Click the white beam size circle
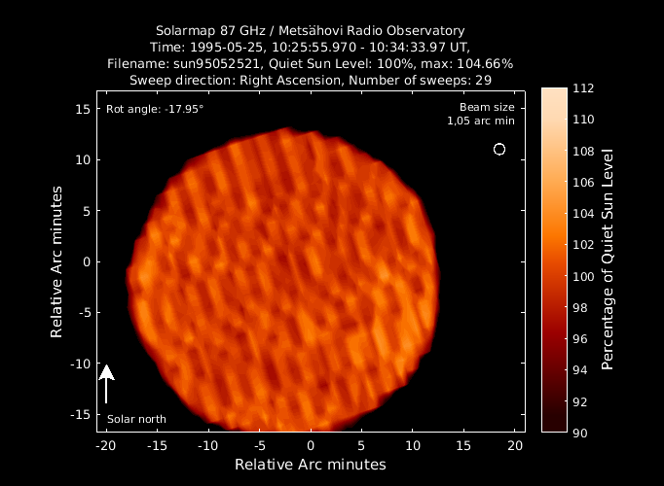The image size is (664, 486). point(499,145)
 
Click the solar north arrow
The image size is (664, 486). point(106,384)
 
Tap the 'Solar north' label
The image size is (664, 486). point(136,419)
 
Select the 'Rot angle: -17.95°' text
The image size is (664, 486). point(155,109)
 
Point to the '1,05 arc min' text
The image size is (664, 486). point(481,121)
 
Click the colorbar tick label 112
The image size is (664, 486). point(583,88)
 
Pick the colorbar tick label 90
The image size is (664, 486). point(579,434)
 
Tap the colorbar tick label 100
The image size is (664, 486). point(583,276)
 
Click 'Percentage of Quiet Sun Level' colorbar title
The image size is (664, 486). point(608,260)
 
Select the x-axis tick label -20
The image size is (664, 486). point(105,446)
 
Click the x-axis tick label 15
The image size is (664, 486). point(463,446)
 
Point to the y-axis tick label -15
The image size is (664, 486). point(81,414)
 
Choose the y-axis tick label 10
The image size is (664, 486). point(83,159)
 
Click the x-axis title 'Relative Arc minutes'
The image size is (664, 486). point(311,465)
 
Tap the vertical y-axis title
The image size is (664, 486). point(56,261)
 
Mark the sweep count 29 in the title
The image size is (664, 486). point(483,81)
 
